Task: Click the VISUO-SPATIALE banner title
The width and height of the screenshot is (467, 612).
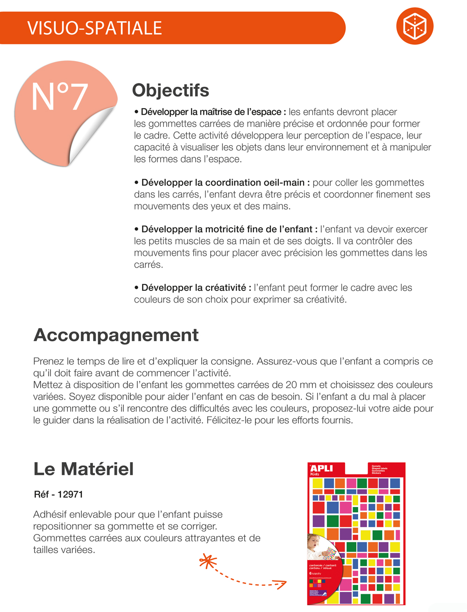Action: pyautogui.click(x=94, y=28)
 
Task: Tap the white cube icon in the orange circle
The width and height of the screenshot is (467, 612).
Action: pyautogui.click(x=415, y=26)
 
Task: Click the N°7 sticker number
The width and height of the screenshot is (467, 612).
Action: pyautogui.click(x=59, y=97)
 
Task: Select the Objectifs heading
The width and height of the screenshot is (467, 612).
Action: pyautogui.click(x=170, y=90)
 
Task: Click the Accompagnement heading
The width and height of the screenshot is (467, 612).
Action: pyautogui.click(x=116, y=335)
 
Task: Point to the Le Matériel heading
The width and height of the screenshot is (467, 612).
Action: pyautogui.click(x=84, y=469)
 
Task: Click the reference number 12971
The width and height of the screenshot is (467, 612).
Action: pyautogui.click(x=70, y=494)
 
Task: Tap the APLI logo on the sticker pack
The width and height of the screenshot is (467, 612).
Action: pyautogui.click(x=321, y=468)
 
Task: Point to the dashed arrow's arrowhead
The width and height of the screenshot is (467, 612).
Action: pyautogui.click(x=282, y=584)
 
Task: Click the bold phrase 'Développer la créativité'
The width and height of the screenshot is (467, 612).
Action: pyautogui.click(x=194, y=288)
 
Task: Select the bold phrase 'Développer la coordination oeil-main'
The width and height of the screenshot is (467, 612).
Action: pyautogui.click(x=223, y=183)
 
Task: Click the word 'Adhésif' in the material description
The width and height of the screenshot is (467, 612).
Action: pyautogui.click(x=50, y=514)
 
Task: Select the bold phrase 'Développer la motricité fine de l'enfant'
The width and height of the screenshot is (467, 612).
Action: pyautogui.click(x=227, y=229)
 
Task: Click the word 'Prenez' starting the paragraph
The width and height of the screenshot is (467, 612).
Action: pyautogui.click(x=48, y=361)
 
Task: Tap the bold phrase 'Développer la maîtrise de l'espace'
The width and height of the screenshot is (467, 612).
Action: pyautogui.click(x=211, y=112)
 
